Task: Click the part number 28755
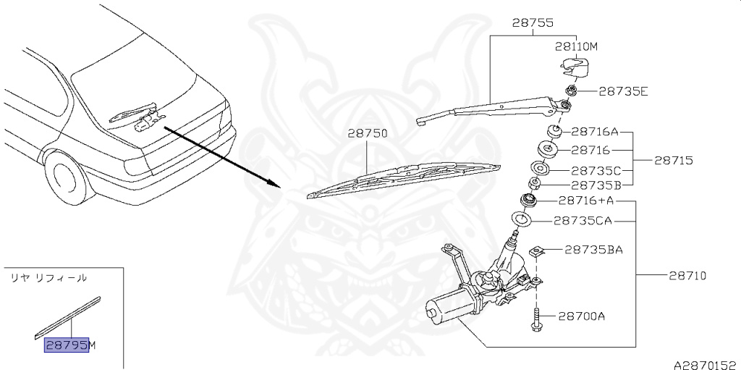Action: [533, 22]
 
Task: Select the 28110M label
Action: [577, 46]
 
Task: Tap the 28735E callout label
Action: [623, 91]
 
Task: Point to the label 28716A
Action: [596, 131]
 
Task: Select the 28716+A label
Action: [586, 201]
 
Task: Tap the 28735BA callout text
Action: [593, 249]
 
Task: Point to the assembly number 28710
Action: [687, 275]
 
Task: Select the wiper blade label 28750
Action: [368, 133]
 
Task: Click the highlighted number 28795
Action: [67, 345]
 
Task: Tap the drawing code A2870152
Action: [706, 365]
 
